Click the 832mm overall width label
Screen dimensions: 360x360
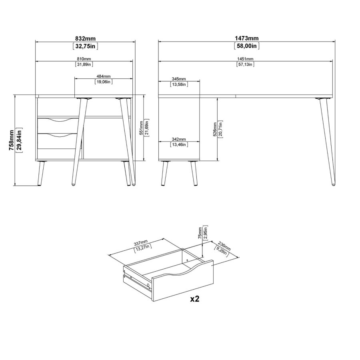85,38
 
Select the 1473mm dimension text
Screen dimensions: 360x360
247,38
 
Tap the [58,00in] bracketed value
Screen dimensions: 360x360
247,46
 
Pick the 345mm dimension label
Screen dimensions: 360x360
179,79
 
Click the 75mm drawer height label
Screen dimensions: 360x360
200,233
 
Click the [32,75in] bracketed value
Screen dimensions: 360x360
85,46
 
